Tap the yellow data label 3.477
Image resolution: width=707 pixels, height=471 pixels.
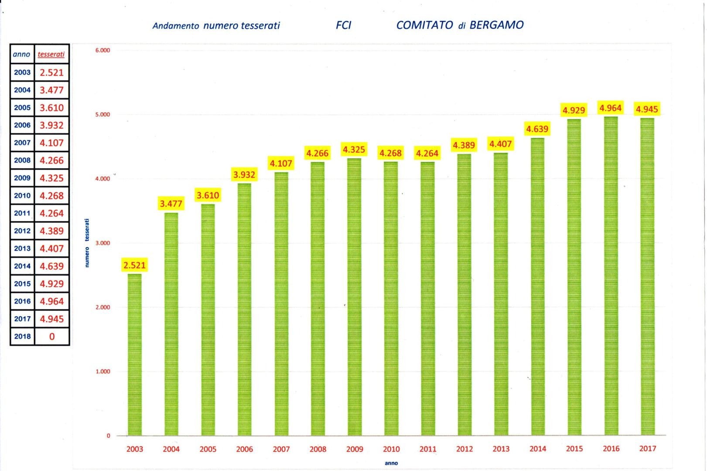click(x=171, y=204)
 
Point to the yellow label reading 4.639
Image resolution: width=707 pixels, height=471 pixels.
click(x=537, y=129)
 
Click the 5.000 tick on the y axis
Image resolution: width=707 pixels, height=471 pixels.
click(x=102, y=115)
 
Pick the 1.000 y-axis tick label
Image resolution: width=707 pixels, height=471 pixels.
click(x=102, y=372)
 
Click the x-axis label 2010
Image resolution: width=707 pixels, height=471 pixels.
click(x=391, y=449)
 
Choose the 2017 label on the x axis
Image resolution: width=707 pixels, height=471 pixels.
click(x=648, y=448)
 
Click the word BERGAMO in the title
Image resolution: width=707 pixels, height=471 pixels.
click(x=497, y=25)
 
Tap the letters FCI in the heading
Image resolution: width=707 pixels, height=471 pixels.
click(x=343, y=25)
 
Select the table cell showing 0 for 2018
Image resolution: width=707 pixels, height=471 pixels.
click(x=52, y=337)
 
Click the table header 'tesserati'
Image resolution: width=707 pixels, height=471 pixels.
click(x=51, y=55)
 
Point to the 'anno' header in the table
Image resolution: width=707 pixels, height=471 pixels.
click(x=21, y=55)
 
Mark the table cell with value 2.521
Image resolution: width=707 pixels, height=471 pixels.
click(x=52, y=73)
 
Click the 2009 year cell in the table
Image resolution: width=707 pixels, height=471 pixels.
click(x=22, y=178)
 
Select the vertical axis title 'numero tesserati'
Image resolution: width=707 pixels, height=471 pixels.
click(x=87, y=242)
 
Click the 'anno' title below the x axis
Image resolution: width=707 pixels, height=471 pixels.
click(x=391, y=463)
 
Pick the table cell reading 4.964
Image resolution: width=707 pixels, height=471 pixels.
click(x=52, y=301)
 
